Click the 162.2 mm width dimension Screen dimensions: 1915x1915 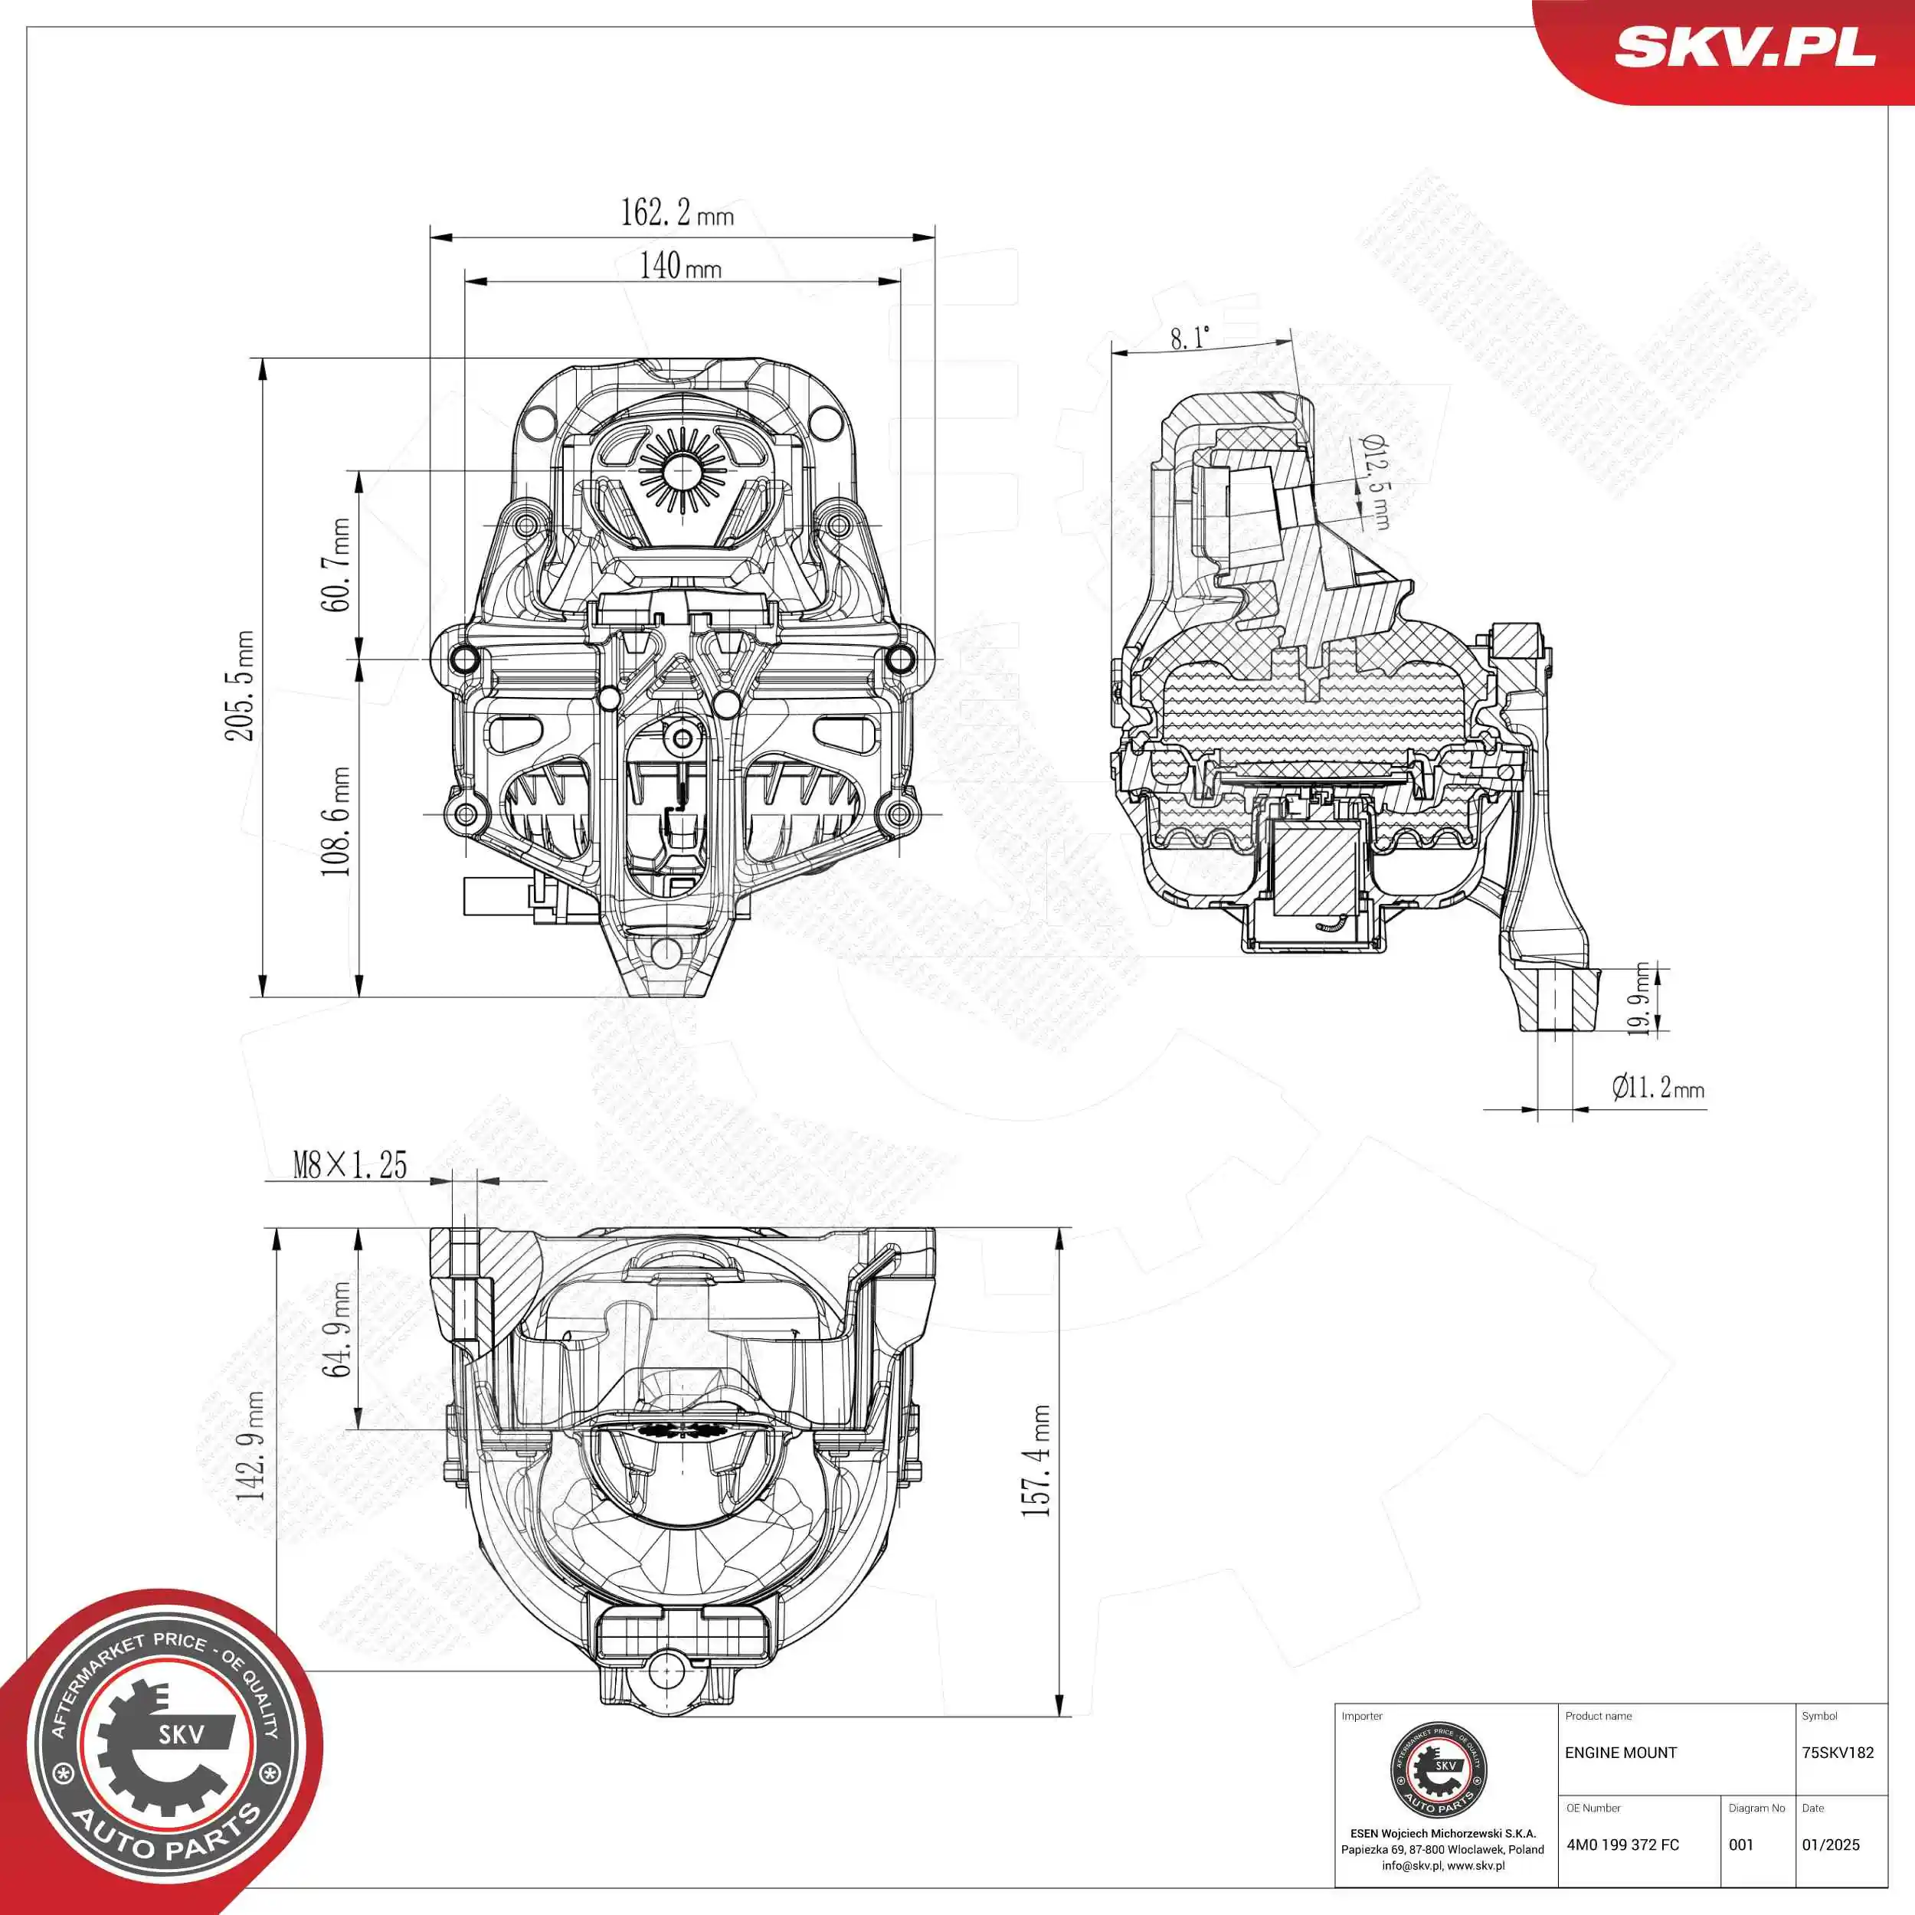pos(676,212)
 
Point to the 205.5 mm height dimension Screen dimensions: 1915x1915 pos(239,685)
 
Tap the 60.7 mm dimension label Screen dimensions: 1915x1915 pos(335,564)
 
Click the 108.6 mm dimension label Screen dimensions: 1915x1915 pos(335,820)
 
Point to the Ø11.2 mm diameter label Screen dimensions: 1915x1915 pos(1658,1088)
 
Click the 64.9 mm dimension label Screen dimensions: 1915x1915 pos(336,1329)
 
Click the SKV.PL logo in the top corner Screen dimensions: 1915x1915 pos(1743,47)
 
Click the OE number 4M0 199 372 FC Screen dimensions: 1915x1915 pos(1622,1845)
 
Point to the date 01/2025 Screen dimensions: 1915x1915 pos(1830,1845)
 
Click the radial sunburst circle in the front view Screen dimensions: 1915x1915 pos(681,471)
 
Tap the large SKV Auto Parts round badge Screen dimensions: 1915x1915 pos(159,1754)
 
